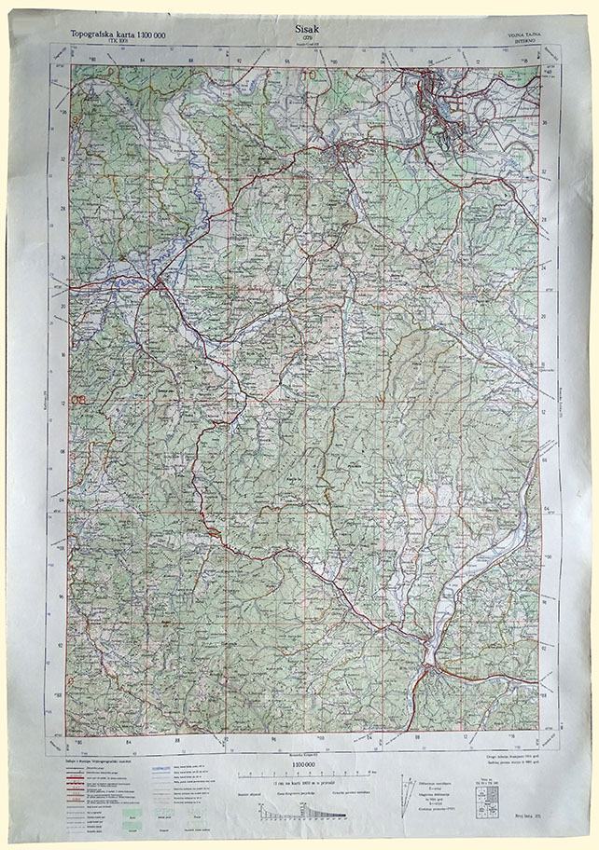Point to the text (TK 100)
(118, 43)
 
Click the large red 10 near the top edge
(307, 75)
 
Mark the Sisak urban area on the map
(439, 103)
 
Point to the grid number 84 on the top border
(143, 62)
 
